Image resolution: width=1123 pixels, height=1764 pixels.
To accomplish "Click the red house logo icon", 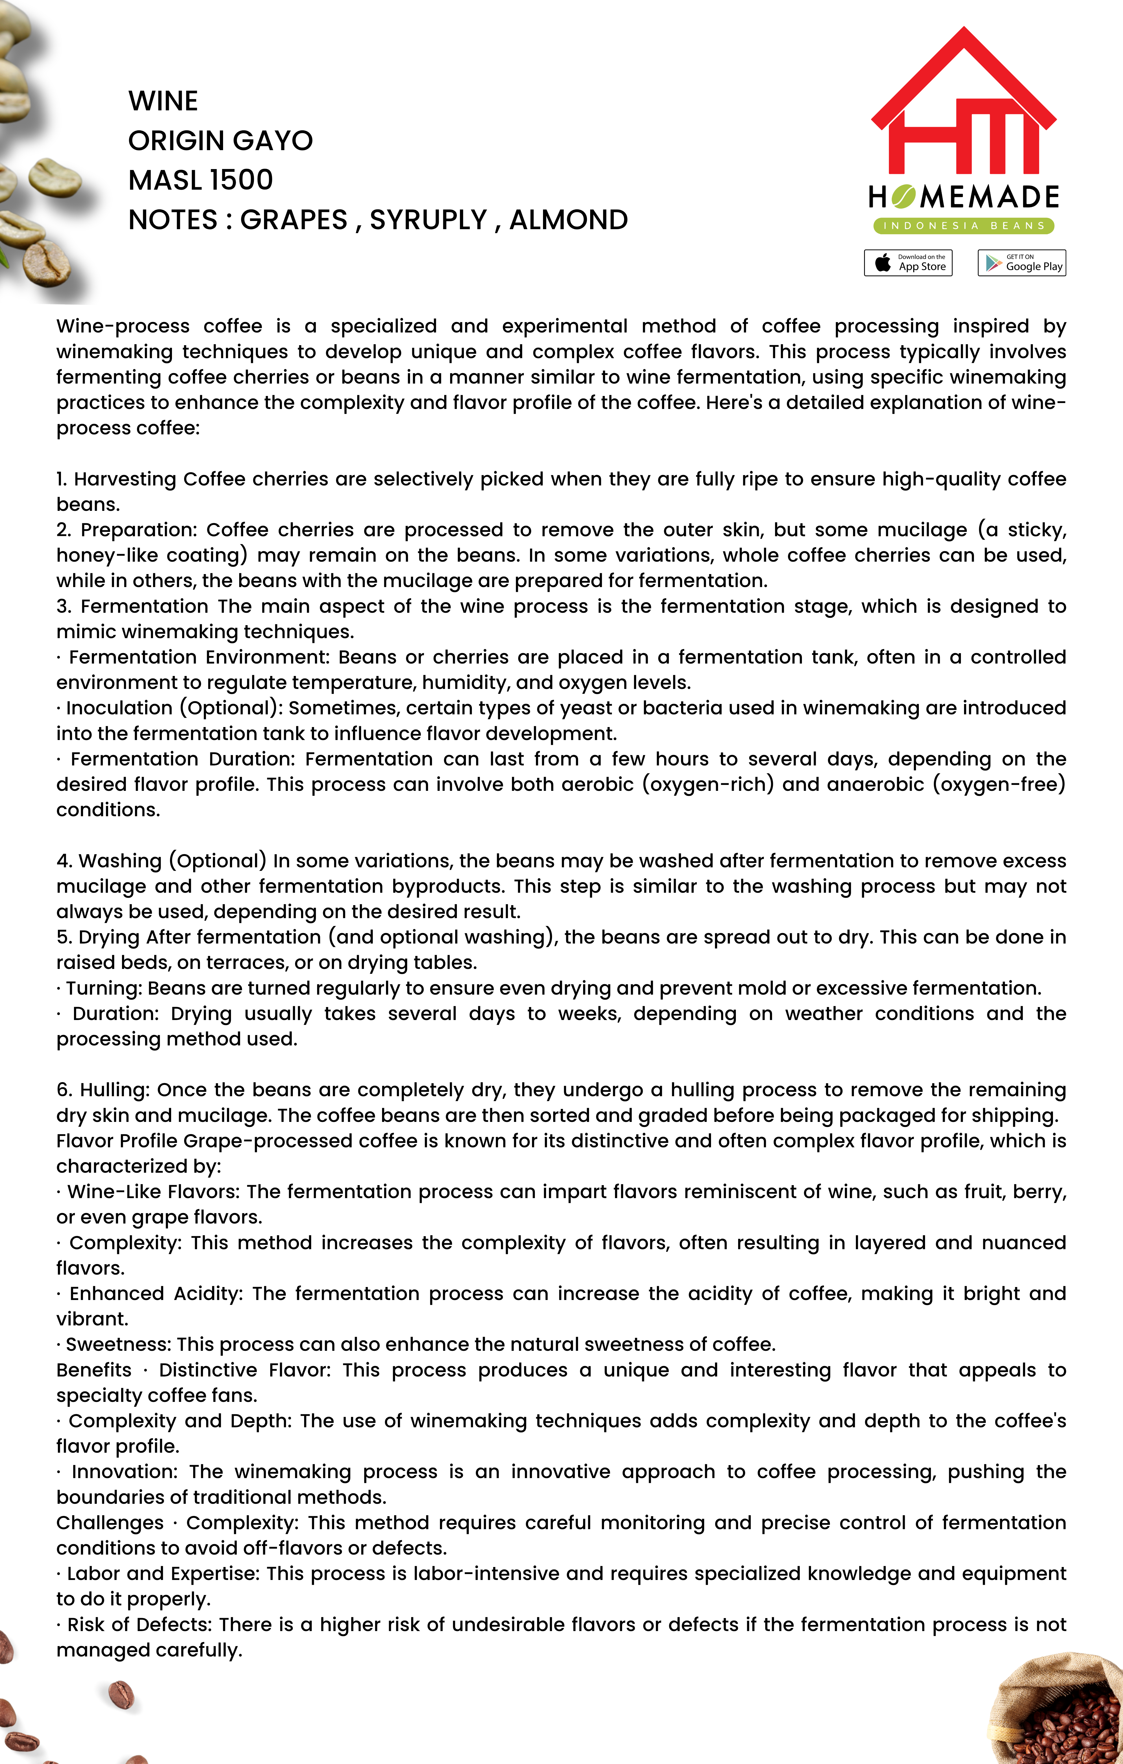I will (963, 102).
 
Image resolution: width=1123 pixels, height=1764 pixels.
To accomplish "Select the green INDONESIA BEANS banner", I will (963, 226).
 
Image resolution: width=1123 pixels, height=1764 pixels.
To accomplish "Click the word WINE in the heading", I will (163, 101).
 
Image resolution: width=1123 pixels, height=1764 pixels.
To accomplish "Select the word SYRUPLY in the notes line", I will (428, 220).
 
